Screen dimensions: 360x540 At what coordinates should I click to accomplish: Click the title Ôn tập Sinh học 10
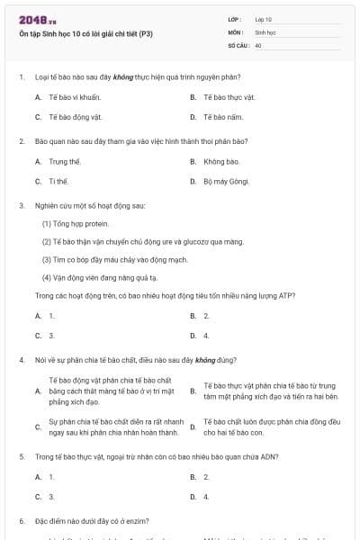[x=85, y=34]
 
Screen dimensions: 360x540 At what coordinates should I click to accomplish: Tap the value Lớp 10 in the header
[x=263, y=19]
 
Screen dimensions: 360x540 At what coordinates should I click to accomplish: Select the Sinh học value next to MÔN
[x=265, y=31]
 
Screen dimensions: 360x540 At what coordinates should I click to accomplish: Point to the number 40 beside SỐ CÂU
[x=258, y=44]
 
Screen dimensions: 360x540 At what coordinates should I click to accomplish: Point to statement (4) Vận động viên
[x=99, y=277]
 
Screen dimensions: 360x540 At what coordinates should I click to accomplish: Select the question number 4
[x=21, y=359]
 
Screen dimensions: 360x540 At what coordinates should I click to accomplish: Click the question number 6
[x=21, y=521]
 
